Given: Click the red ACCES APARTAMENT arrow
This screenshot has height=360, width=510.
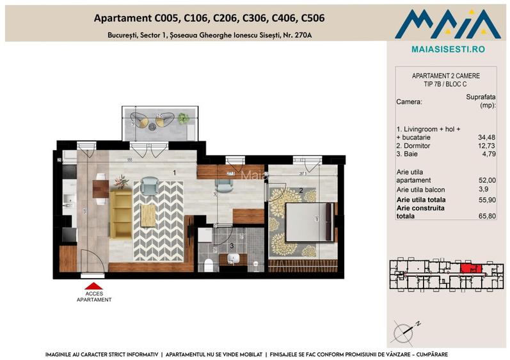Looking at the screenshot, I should coord(93,286).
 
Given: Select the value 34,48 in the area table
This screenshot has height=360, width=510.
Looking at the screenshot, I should coord(486,136).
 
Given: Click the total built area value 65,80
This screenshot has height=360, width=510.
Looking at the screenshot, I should coord(486,216).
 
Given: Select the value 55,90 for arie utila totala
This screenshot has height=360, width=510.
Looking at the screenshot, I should coord(486,200).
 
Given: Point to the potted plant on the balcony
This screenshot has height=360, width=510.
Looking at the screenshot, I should coord(184,118).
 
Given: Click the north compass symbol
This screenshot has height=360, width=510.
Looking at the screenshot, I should coord(407,329).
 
